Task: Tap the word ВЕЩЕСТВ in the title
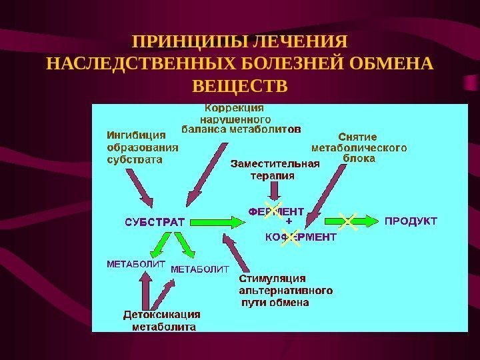coord(240,87)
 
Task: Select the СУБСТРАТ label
coord(155,220)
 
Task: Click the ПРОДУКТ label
coord(411,220)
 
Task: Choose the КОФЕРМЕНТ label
coord(301,236)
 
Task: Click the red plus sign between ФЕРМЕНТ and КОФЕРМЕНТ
coord(289,221)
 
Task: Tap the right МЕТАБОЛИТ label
coord(200,269)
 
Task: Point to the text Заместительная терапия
coord(275,169)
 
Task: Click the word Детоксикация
coord(162,315)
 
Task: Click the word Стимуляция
coord(273,279)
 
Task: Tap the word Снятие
coord(358,138)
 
